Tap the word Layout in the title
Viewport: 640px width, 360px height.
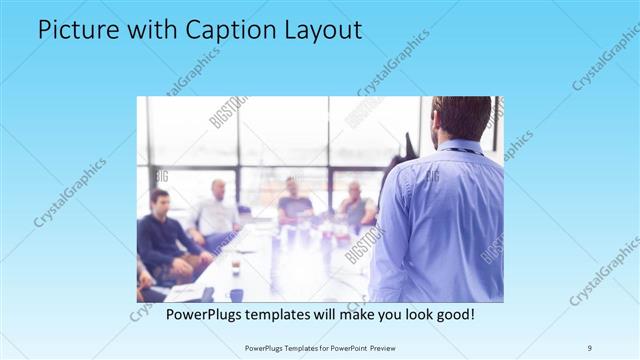click(319, 30)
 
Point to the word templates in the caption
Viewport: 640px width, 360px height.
click(296, 314)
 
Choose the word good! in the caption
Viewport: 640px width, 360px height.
click(451, 314)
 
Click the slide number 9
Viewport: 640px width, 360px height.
click(589, 347)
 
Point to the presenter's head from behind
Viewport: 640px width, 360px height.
click(463, 118)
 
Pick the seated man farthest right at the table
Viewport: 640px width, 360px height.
click(355, 204)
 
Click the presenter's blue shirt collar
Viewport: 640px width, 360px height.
click(463, 148)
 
